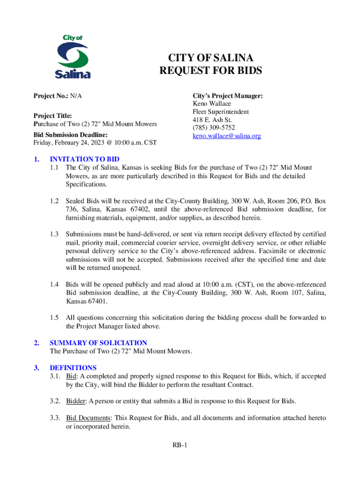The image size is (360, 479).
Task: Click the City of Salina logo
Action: tap(72, 57)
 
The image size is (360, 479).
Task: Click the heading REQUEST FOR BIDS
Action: tap(211, 71)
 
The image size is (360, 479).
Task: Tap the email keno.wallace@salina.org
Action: tap(227, 136)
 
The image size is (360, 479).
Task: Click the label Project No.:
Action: tap(50, 96)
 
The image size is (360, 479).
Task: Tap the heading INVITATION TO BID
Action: tap(85, 160)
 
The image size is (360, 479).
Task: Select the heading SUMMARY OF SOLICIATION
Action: tap(98, 343)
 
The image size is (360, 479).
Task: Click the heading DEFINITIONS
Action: tap(73, 368)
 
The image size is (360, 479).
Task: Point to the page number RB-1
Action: tap(180, 445)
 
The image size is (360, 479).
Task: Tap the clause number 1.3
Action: tap(54, 234)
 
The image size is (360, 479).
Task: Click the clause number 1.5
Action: tap(54, 318)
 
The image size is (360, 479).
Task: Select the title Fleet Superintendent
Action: tap(221, 112)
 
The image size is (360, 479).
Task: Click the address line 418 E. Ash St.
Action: tap(212, 120)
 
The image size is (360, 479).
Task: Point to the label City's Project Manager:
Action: tap(228, 96)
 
